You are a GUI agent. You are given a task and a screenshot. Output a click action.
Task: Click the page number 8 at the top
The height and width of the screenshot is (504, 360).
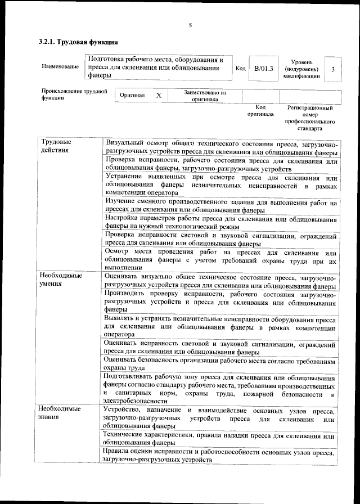coord(190,25)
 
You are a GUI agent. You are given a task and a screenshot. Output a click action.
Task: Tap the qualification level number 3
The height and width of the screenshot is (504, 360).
coord(334,69)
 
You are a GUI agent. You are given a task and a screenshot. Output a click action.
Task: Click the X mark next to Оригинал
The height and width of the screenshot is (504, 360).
coord(159,96)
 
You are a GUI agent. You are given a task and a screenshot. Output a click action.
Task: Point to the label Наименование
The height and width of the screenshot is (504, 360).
coord(60,67)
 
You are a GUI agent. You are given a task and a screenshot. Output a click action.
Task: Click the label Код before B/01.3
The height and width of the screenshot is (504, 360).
coord(240,69)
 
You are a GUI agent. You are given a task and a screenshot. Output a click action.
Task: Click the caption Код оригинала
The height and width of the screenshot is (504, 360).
coord(260,110)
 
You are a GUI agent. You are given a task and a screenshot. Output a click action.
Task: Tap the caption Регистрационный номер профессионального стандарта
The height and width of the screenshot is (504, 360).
coord(310,118)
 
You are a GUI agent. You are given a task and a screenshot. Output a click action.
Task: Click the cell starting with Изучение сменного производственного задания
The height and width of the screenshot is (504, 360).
coord(221,206)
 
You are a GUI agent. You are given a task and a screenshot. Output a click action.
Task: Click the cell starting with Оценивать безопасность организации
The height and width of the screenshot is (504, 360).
coord(221,364)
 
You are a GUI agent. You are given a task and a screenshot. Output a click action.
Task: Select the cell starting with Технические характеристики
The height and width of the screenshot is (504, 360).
coord(221,439)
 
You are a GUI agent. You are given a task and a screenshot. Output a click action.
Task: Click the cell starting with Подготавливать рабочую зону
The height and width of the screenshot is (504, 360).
coord(221,388)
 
